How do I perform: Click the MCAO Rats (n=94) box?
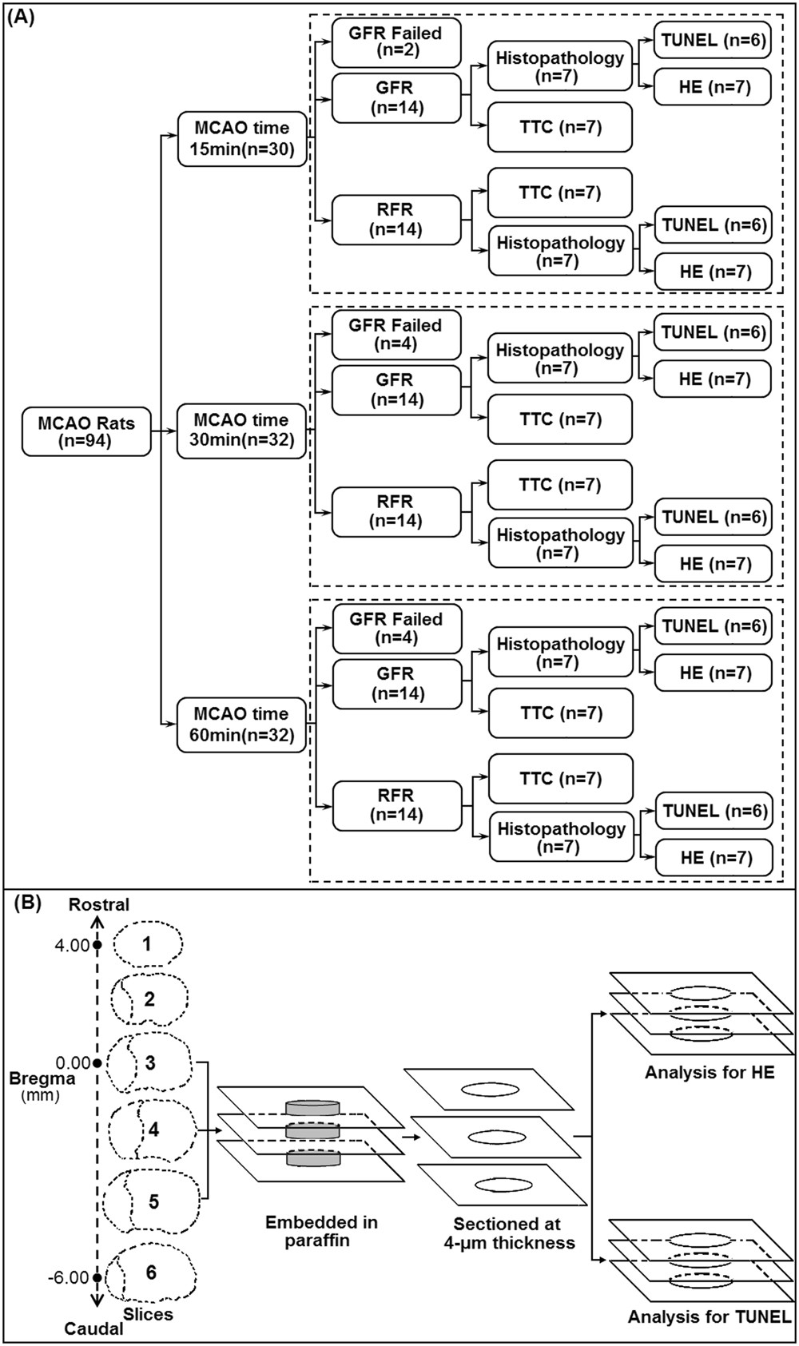tap(87, 432)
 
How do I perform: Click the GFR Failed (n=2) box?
tap(396, 43)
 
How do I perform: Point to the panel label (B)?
tap(26, 905)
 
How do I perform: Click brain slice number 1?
tap(147, 944)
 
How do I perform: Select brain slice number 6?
tap(151, 1272)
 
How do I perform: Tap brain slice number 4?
tap(153, 1130)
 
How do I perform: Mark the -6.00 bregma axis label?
tap(70, 1277)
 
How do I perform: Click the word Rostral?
tap(99, 904)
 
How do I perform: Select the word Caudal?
tap(95, 1329)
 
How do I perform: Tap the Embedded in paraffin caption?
tap(322, 1232)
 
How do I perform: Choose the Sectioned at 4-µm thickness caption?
tap(508, 1233)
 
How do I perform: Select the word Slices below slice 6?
tap(149, 1312)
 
